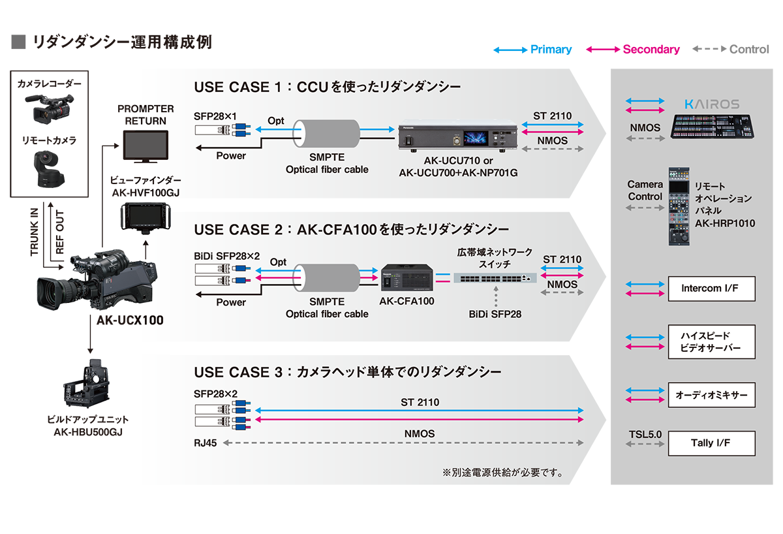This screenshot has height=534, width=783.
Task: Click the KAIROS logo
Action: click(712, 104)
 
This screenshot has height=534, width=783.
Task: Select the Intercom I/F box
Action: click(711, 289)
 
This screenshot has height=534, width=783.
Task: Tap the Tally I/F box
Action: click(711, 443)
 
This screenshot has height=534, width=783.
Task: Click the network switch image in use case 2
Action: click(495, 277)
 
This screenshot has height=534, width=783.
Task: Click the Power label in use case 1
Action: click(231, 156)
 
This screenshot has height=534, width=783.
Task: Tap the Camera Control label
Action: click(645, 191)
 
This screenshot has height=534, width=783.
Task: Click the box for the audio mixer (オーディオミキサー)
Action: click(711, 395)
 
